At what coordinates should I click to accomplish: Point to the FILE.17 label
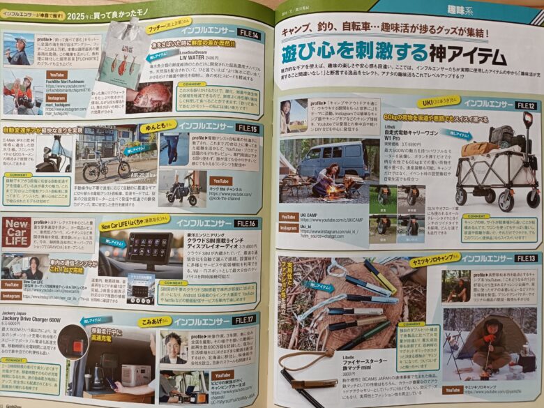point(241,322)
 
